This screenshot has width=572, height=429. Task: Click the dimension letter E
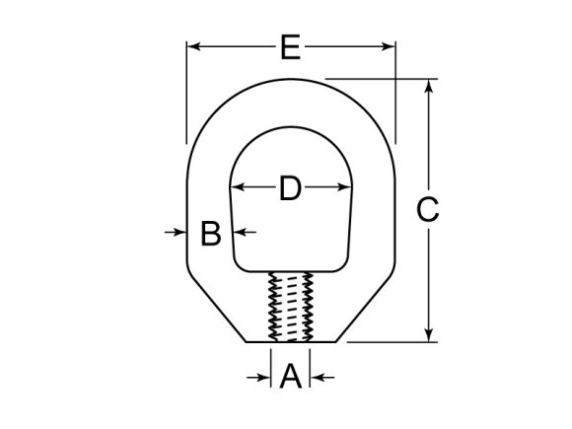(290, 46)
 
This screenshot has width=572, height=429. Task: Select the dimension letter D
(289, 187)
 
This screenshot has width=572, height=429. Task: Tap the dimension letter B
(210, 234)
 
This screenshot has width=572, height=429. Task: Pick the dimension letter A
(290, 377)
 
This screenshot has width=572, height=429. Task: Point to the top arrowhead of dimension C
(428, 86)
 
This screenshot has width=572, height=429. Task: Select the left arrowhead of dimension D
(237, 187)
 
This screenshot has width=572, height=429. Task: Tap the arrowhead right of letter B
(238, 232)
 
